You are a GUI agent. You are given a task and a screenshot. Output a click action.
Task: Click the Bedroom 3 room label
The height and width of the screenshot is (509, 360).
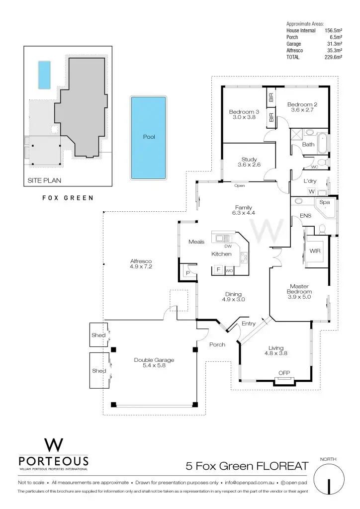pyautogui.click(x=244, y=111)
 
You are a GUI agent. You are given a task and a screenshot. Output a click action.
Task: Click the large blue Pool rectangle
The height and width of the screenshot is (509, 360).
pyautogui.click(x=148, y=137)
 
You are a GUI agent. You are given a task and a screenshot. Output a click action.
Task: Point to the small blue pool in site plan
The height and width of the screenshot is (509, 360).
pyautogui.click(x=45, y=75)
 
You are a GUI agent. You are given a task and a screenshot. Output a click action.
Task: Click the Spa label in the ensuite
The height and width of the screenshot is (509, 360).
pyautogui.click(x=325, y=202)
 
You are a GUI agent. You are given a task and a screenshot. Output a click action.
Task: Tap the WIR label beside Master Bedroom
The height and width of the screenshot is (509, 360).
pyautogui.click(x=315, y=251)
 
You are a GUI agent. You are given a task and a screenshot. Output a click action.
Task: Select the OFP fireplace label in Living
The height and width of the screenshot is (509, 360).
pyautogui.click(x=284, y=373)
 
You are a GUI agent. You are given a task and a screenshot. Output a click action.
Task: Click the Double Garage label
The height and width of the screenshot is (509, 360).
pyautogui.click(x=154, y=360)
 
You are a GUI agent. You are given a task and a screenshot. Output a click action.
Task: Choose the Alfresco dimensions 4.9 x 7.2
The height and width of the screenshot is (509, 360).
pyautogui.click(x=141, y=267)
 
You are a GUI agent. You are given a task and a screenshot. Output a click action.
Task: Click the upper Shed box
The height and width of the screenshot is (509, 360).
pyautogui.click(x=98, y=335)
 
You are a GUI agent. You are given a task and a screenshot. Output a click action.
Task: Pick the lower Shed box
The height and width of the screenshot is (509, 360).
pyautogui.click(x=99, y=370)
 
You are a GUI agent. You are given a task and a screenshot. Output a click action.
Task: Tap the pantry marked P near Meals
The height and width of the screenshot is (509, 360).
pyautogui.click(x=188, y=273)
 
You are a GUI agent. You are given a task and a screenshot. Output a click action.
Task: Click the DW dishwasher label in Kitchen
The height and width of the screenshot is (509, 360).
pyautogui.click(x=228, y=246)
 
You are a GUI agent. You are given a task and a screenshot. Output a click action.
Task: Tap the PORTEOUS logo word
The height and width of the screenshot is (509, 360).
pyautogui.click(x=53, y=461)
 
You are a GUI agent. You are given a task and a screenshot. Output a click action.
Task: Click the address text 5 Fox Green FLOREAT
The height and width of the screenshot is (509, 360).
pyautogui.click(x=247, y=466)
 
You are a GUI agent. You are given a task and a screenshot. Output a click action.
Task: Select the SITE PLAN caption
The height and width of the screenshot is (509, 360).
pyautogui.click(x=45, y=180)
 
